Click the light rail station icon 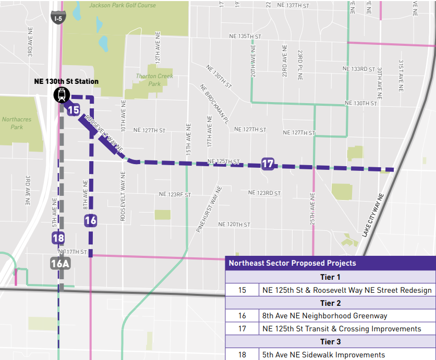(61, 95)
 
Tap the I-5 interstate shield (59, 18)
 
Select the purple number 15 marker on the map (73, 110)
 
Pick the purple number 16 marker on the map (91, 220)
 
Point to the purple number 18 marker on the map (58, 239)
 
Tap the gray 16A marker (60, 264)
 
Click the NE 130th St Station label (66, 81)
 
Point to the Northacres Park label (17, 123)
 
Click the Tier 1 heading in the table (330, 277)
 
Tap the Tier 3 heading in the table (330, 342)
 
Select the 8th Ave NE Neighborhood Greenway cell (324, 316)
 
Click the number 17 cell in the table (242, 329)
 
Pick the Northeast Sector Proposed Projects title (292, 263)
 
